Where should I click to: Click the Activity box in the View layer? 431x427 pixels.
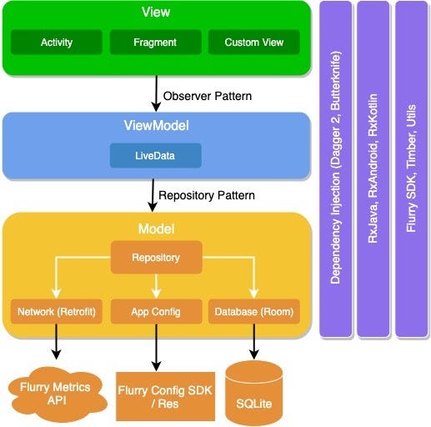(58, 42)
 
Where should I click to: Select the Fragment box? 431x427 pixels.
(155, 42)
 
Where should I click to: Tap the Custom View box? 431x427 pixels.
(253, 42)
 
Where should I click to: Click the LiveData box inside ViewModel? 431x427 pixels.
(155, 155)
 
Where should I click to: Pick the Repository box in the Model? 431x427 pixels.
(155, 258)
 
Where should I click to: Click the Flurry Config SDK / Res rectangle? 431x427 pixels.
(155, 396)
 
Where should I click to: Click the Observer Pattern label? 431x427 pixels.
(208, 96)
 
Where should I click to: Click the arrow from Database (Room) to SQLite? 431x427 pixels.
(254, 343)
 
